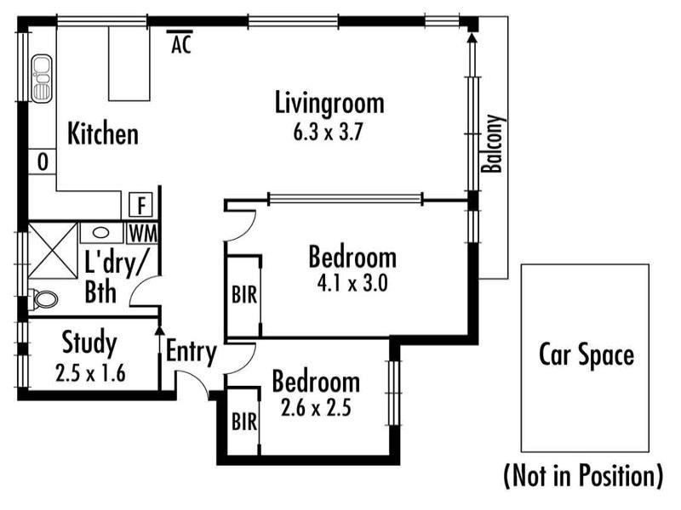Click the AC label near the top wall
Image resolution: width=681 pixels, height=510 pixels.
click(181, 44)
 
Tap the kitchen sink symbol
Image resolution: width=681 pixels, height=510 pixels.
click(41, 78)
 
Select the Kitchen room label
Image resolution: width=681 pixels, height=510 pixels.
click(103, 133)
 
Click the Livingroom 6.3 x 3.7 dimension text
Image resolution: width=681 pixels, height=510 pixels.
click(328, 133)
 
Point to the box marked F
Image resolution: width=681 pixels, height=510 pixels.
click(141, 205)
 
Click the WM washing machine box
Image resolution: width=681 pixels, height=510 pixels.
click(142, 234)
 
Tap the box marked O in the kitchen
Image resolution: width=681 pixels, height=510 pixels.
click(43, 162)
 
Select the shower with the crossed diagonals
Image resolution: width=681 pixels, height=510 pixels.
click(53, 251)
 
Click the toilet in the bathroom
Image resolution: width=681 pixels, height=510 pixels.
click(43, 299)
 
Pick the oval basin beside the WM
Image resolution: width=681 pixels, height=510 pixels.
click(100, 233)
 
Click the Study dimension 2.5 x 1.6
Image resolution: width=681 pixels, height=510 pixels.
click(90, 373)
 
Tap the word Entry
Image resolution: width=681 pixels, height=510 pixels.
click(192, 352)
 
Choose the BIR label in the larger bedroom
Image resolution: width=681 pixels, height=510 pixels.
click(244, 295)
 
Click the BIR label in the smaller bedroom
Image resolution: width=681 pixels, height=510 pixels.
click(244, 422)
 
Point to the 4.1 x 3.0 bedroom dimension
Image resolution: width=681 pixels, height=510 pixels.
click(352, 284)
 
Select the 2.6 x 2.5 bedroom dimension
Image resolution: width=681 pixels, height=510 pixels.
click(316, 408)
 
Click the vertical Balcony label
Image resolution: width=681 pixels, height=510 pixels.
click(494, 144)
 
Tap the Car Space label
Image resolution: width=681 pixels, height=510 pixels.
click(587, 355)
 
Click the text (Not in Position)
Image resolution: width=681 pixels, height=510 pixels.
click(583, 476)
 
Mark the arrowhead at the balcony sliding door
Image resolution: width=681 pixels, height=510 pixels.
click(472, 37)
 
